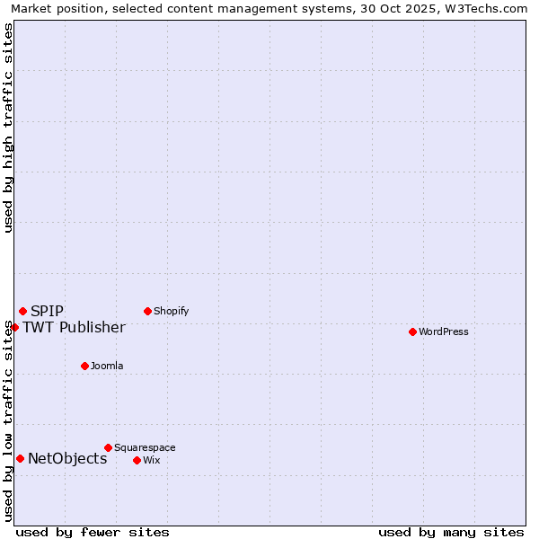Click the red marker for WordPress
[412, 331]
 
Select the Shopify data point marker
[147, 311]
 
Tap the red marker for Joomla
[84, 366]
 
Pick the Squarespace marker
[108, 447]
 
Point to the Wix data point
[137, 460]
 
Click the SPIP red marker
[22, 311]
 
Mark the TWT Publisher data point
[14, 327]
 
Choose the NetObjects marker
[20, 458]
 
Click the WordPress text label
[444, 331]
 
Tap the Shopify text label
[171, 311]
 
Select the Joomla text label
[107, 366]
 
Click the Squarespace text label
[145, 447]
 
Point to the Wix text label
[152, 460]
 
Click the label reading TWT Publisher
[74, 327]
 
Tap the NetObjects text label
[67, 458]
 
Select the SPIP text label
[47, 311]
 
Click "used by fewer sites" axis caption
[93, 532]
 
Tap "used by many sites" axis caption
[451, 532]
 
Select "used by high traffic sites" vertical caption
[8, 128]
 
